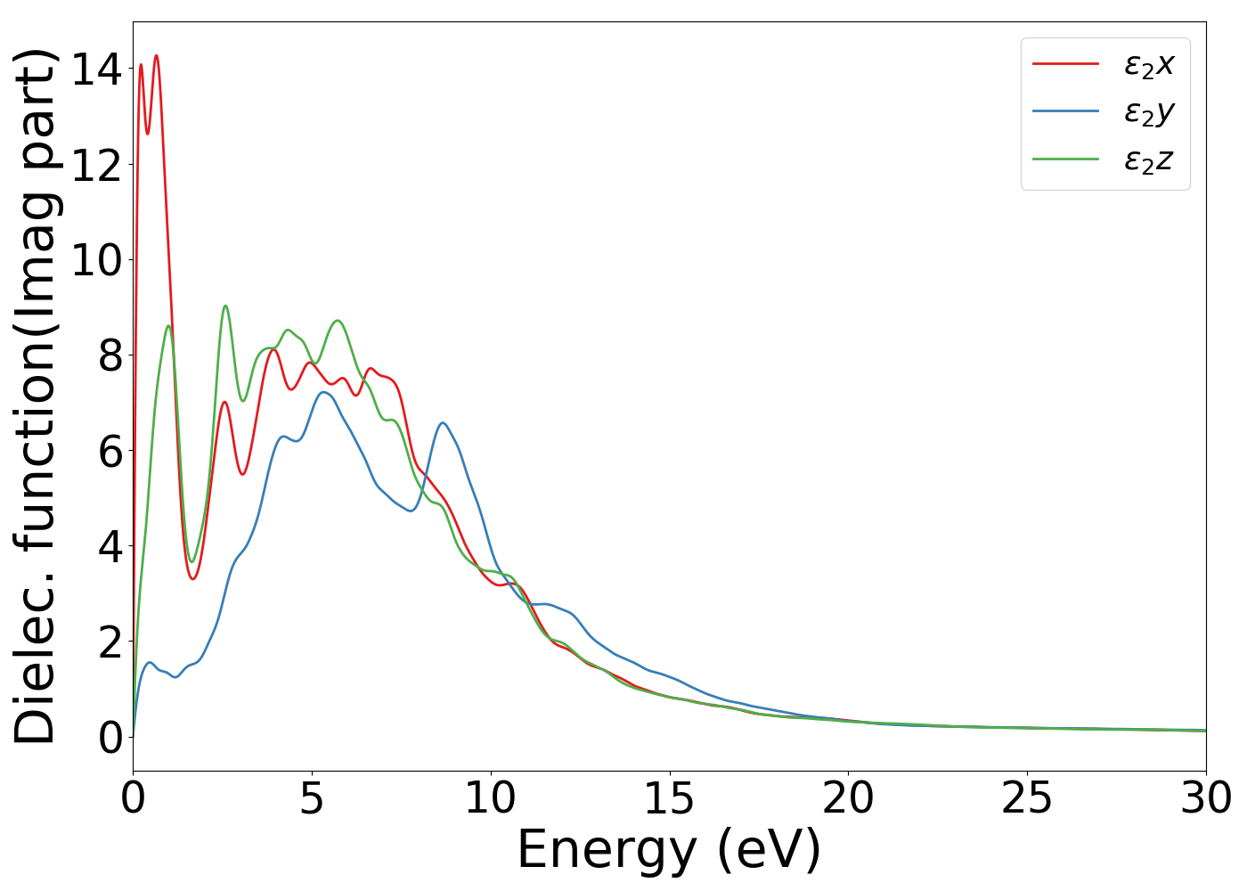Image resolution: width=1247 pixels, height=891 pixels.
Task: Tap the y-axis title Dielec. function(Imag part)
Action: coord(36,396)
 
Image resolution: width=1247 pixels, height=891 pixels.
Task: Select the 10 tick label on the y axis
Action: coord(96,260)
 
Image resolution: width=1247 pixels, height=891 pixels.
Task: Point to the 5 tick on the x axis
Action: coord(312,798)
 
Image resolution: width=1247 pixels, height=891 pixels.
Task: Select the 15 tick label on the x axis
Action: coord(669,798)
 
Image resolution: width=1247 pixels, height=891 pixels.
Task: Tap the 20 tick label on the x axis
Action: coord(848,798)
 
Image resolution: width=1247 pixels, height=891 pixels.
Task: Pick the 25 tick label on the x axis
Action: coord(1027,798)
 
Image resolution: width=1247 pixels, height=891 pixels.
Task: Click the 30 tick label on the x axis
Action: coord(1205,798)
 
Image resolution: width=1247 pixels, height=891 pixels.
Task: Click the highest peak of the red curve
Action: coord(156,56)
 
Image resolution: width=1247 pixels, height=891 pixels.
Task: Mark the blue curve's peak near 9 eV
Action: coord(443,422)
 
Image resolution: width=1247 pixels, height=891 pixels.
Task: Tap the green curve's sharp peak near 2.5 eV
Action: coord(225,306)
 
